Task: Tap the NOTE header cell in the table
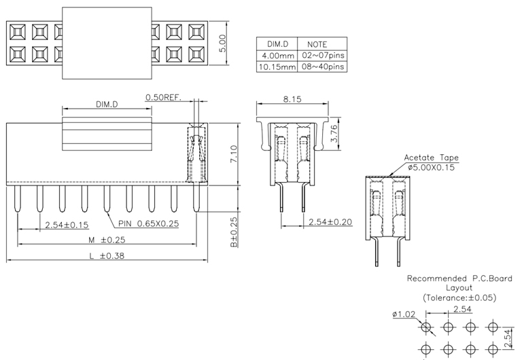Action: click(x=318, y=44)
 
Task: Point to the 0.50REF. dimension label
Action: click(x=163, y=98)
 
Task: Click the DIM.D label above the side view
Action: click(x=107, y=105)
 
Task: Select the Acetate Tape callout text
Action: click(x=431, y=158)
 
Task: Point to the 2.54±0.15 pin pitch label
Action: click(x=67, y=225)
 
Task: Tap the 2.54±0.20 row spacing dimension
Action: click(x=330, y=222)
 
